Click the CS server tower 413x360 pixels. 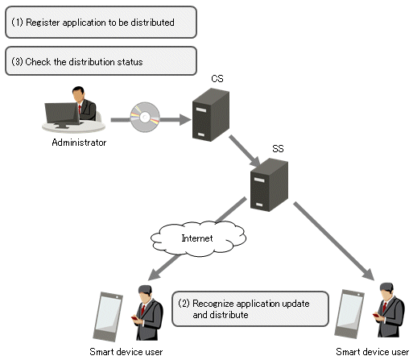pyautogui.click(x=211, y=114)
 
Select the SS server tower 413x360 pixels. pyautogui.click(x=269, y=184)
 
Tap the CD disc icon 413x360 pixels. pyautogui.click(x=145, y=117)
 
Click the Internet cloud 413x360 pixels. pyautogui.click(x=198, y=238)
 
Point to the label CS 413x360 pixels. pyautogui.click(x=217, y=79)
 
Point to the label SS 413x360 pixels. pyautogui.click(x=278, y=149)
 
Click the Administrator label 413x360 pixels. pyautogui.click(x=79, y=143)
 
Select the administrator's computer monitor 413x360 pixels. pyautogui.click(x=62, y=115)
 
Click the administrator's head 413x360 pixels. pyautogui.click(x=78, y=93)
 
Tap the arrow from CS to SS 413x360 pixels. pyautogui.click(x=245, y=151)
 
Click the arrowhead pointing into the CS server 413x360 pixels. pyautogui.click(x=185, y=120)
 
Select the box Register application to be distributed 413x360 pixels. pyautogui.click(x=101, y=23)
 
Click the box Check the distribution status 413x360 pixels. pyautogui.click(x=101, y=61)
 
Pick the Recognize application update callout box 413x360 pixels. pyautogui.click(x=250, y=309)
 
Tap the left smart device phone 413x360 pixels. pyautogui.click(x=108, y=317)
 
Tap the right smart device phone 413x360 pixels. pyautogui.click(x=349, y=314)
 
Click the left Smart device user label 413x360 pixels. pyautogui.click(x=126, y=351)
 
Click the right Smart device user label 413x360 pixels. pyautogui.click(x=373, y=351)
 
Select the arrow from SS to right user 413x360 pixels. pyautogui.click(x=333, y=241)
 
